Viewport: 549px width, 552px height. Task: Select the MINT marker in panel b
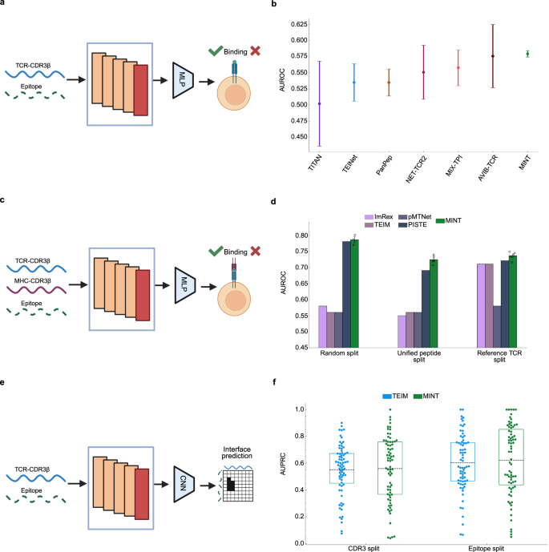click(x=527, y=54)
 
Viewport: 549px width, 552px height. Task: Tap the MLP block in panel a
click(x=184, y=79)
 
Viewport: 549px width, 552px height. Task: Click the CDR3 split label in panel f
click(x=346, y=542)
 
